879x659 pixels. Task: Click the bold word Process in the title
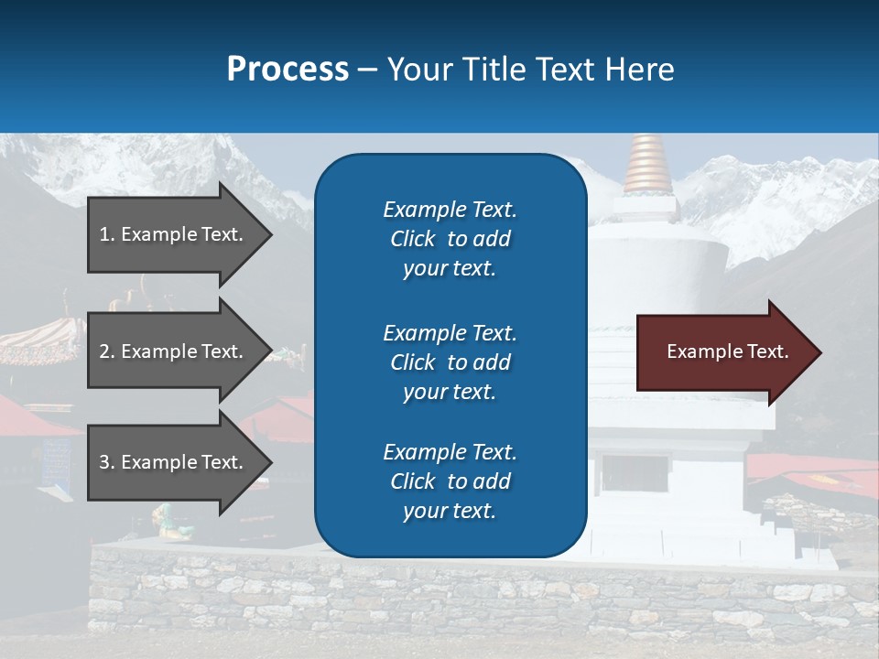(288, 70)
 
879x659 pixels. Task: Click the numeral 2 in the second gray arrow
(104, 351)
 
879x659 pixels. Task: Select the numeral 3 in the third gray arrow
(104, 462)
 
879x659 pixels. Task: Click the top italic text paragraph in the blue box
(450, 239)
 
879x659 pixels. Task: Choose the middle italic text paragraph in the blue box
(450, 362)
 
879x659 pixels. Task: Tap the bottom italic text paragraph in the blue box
(450, 481)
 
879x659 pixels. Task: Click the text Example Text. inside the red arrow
(727, 351)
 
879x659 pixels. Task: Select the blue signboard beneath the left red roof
(57, 452)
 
